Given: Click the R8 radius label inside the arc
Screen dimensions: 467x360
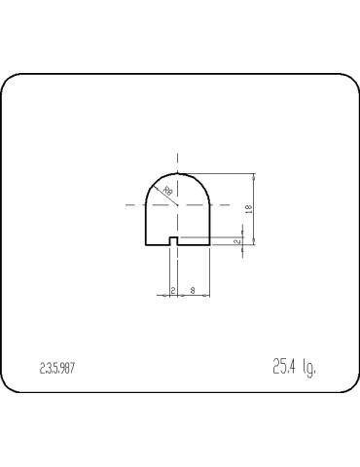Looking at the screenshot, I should pyautogui.click(x=167, y=192).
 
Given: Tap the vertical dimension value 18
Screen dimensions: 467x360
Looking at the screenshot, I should pyautogui.click(x=250, y=208).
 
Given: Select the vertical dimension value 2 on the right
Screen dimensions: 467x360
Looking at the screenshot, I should pyautogui.click(x=236, y=239).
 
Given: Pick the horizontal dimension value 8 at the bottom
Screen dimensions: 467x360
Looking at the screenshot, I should pyautogui.click(x=193, y=290).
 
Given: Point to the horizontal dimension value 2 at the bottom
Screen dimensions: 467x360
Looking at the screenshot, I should pyautogui.click(x=172, y=290).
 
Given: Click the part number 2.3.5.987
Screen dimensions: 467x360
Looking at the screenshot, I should pyautogui.click(x=57, y=369).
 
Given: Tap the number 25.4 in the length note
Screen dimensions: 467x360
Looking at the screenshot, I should pyautogui.click(x=284, y=367).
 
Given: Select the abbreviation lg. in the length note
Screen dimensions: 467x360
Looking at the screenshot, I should pyautogui.click(x=310, y=368).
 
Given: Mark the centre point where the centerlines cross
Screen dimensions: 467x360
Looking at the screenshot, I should pyautogui.click(x=177, y=205).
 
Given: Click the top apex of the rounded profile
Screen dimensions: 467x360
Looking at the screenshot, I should pyautogui.click(x=177, y=173).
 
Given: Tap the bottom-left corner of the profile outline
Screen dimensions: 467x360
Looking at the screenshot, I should pyautogui.click(x=145, y=244).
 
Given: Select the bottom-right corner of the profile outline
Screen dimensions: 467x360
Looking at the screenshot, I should pyautogui.click(x=210, y=244).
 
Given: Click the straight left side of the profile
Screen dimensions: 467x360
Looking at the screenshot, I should pyautogui.click(x=145, y=224).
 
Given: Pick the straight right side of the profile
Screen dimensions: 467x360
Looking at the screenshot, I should pyautogui.click(x=210, y=224).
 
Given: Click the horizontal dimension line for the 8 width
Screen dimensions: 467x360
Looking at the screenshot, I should pyautogui.click(x=193, y=296).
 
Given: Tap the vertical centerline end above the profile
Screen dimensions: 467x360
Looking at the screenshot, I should pyautogui.click(x=177, y=155).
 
